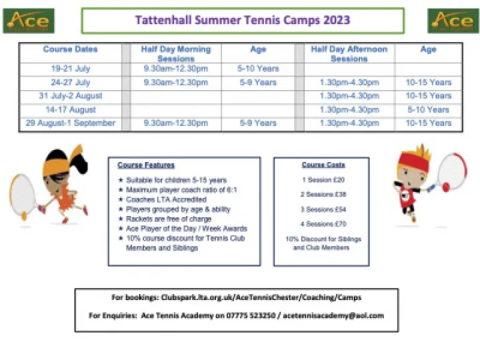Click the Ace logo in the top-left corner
(29, 21)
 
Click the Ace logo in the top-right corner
(451, 21)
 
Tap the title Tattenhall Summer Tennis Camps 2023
(243, 20)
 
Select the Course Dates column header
(70, 49)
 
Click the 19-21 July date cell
(70, 69)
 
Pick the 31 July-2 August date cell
(70, 96)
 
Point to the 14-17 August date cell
(70, 109)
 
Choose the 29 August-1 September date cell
(70, 123)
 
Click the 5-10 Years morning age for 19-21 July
(258, 69)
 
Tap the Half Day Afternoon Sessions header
(349, 54)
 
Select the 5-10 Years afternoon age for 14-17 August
(428, 109)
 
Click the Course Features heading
(146, 165)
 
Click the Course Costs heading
(323, 165)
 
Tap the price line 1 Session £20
(323, 180)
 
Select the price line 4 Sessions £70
(323, 224)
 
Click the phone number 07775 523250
(221, 315)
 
